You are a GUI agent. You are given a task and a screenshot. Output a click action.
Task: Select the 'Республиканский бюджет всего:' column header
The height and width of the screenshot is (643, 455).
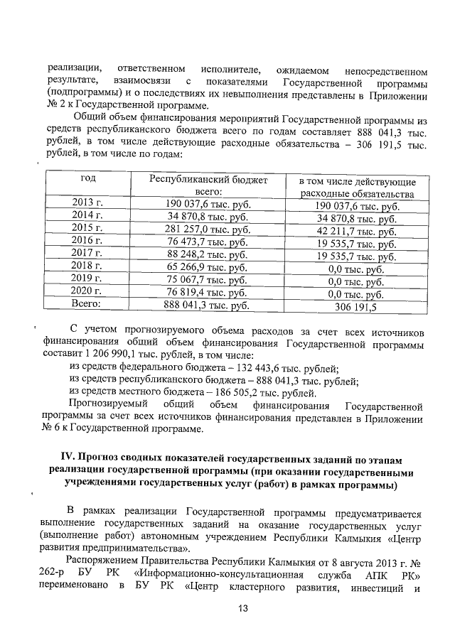click(208, 186)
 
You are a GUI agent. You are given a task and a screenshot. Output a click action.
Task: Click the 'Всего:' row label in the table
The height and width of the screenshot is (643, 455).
click(88, 304)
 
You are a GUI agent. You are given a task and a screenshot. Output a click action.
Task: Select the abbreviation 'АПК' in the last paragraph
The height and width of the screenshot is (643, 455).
click(364, 573)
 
